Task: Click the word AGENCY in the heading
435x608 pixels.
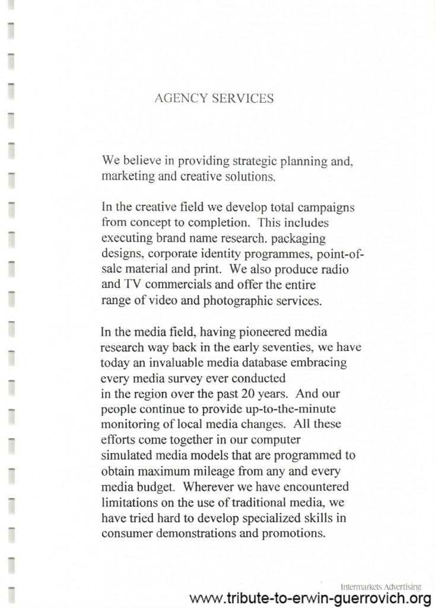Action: tap(175, 99)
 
